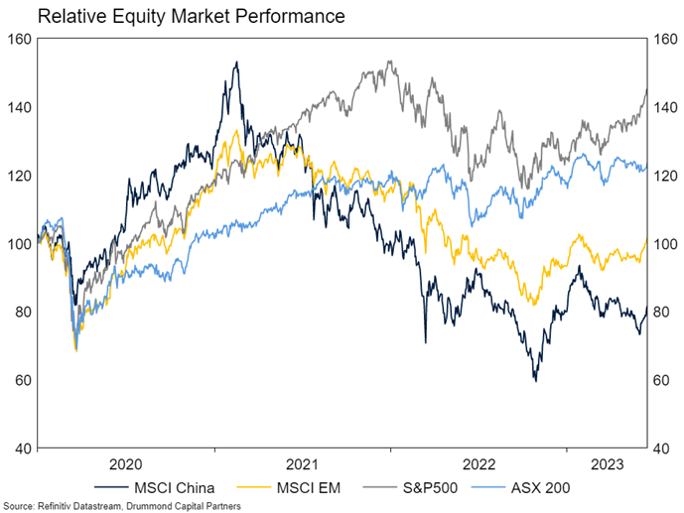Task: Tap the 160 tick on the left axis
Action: pos(21,39)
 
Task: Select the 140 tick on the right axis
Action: pos(661,107)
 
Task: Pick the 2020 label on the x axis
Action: pos(125,463)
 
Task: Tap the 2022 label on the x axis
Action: pos(479,463)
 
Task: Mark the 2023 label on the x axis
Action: pos(607,463)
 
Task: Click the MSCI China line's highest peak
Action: pos(236,63)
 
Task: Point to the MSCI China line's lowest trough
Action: pos(535,380)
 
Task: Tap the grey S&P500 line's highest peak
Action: pos(390,62)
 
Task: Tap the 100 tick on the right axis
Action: pos(661,243)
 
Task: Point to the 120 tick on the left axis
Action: pos(21,176)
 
